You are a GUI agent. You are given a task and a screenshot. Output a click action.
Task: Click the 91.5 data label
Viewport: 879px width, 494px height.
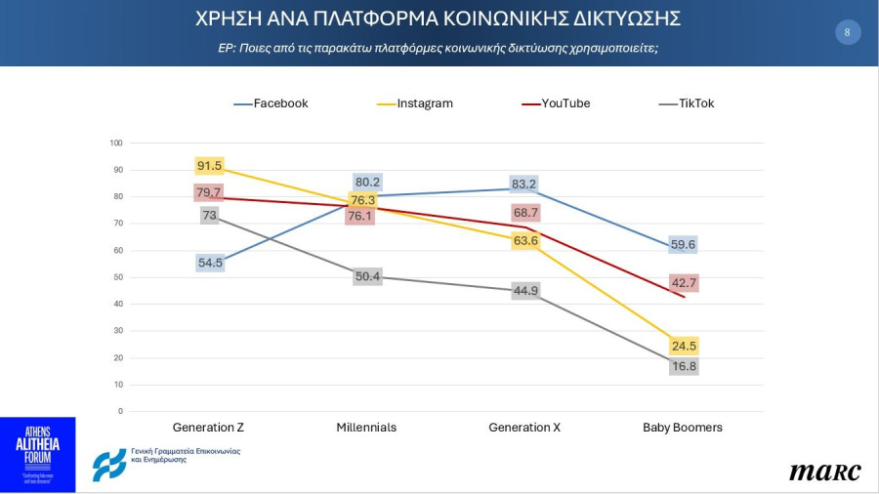point(209,166)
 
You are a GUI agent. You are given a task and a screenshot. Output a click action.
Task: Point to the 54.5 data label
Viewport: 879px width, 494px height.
point(209,263)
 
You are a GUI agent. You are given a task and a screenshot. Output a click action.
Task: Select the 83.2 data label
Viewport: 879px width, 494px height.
point(523,185)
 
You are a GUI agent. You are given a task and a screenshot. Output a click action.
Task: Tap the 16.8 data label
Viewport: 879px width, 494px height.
point(684,367)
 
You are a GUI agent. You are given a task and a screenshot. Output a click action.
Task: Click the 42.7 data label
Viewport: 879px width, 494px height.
point(684,283)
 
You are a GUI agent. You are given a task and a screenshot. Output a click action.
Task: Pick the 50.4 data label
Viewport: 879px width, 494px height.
point(367,277)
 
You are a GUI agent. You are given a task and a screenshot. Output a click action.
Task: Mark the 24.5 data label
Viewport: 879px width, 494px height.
point(684,346)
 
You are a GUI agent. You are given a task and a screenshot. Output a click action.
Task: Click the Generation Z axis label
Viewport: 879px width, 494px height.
point(208,428)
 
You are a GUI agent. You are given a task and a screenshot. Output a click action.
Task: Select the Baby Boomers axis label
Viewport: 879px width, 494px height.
point(683,428)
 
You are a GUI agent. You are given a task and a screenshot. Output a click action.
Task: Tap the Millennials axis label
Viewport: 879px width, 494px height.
point(366,428)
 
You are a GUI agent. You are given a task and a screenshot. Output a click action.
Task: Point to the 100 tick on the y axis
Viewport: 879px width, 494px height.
point(116,144)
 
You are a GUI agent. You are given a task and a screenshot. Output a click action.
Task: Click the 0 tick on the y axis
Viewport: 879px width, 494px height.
point(119,411)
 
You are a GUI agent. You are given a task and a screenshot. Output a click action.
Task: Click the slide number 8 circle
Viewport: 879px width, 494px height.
point(847,32)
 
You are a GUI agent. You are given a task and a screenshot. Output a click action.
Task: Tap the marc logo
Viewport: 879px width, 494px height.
point(825,473)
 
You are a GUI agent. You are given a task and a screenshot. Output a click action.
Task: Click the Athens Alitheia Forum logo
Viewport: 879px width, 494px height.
point(37,454)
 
